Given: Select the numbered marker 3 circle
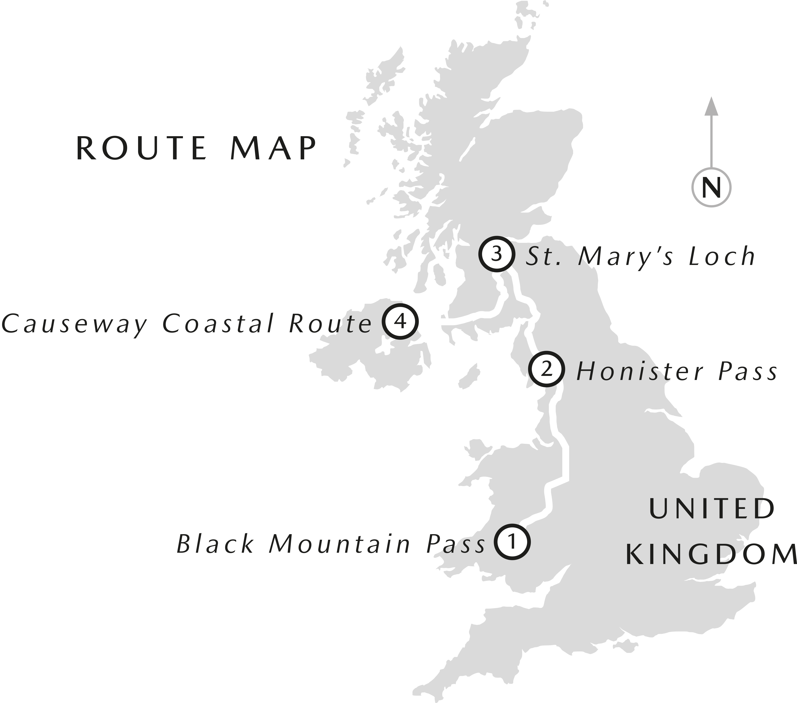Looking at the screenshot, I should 496,255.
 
